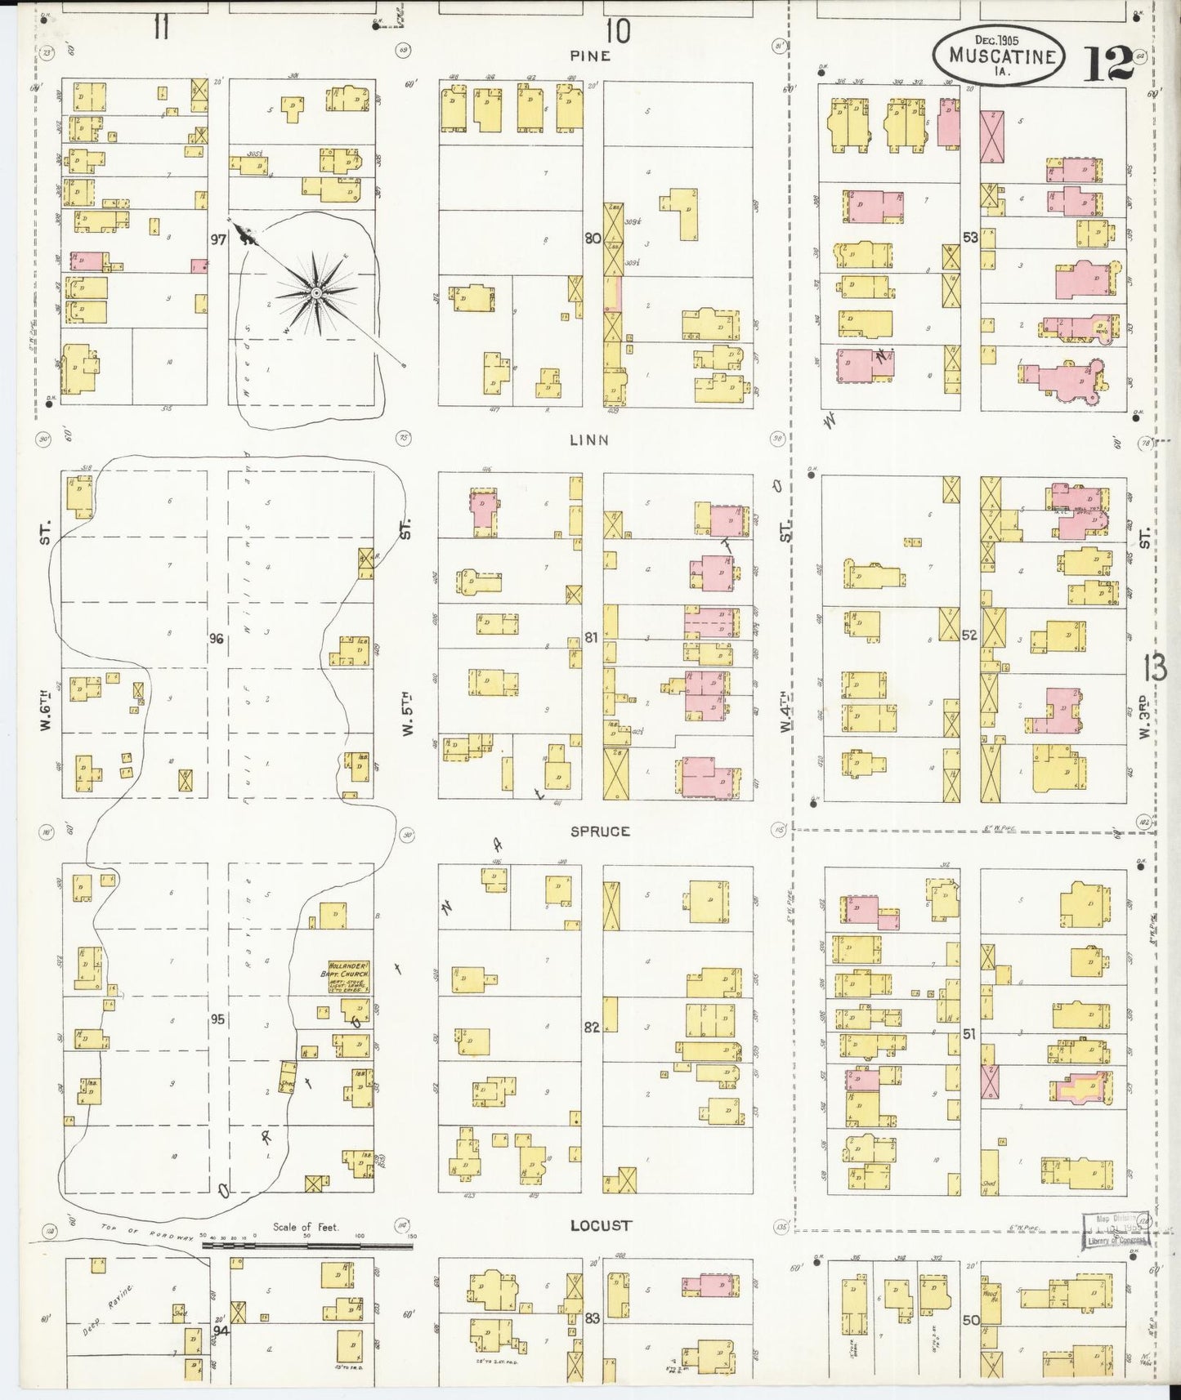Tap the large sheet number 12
(x=1108, y=64)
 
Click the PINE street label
(x=591, y=56)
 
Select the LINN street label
(x=589, y=440)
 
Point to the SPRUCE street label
(x=600, y=832)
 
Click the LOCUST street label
(x=601, y=1225)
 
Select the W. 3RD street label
(x=1144, y=718)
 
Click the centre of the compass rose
(x=315, y=292)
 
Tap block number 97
(x=217, y=239)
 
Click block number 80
(x=593, y=239)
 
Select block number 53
(x=970, y=238)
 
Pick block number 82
(x=592, y=1028)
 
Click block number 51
(x=969, y=1034)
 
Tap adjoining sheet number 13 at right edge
(x=1156, y=668)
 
